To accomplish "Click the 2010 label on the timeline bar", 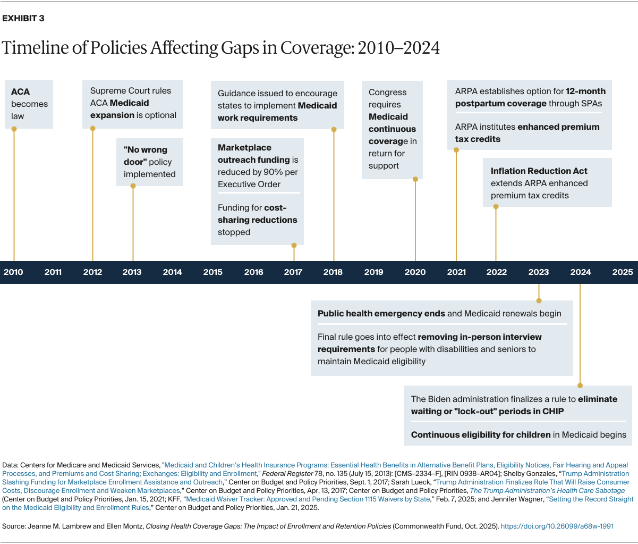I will click(x=13, y=272).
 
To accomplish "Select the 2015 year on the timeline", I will click(x=212, y=272).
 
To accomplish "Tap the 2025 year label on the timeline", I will click(x=622, y=272).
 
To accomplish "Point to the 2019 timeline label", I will click(x=373, y=272).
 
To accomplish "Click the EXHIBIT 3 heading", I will click(x=23, y=19).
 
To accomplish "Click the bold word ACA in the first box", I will click(x=21, y=92).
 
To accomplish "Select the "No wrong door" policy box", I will click(x=150, y=162).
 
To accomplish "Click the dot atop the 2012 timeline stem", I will click(x=93, y=129).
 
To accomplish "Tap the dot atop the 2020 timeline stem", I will click(x=415, y=179).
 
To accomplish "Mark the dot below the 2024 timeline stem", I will click(x=580, y=386).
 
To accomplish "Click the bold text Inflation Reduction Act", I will click(x=539, y=171).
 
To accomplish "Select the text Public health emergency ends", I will click(x=381, y=314).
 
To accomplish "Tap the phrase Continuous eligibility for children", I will click(x=481, y=435).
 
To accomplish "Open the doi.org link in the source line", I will click(x=557, y=526).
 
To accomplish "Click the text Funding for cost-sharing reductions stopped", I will click(x=257, y=220).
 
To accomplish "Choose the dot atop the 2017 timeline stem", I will click(x=294, y=245).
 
